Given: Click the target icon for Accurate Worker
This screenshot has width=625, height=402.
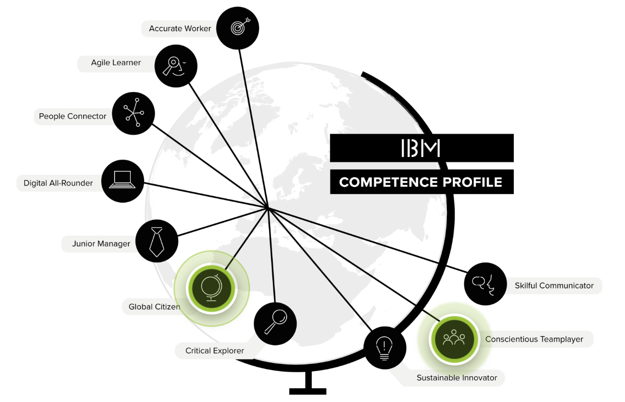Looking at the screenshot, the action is (238, 28).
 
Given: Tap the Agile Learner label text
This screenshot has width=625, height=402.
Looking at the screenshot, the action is (116, 63).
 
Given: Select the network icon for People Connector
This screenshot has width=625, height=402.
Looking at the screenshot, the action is (134, 113).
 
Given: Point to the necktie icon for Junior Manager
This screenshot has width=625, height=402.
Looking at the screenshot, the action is (157, 241).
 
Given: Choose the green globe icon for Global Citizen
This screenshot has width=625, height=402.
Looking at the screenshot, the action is (212, 288).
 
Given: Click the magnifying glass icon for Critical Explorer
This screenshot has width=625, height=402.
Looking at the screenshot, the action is (275, 324).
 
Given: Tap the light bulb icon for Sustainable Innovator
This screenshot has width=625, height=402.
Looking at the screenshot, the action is (385, 348).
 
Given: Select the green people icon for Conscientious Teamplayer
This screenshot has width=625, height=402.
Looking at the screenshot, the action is (454, 339).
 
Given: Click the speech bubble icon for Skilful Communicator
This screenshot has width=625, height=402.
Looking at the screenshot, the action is (485, 284).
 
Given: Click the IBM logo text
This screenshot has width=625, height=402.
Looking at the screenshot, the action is (421, 148).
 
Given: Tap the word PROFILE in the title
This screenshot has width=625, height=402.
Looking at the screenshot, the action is (472, 182).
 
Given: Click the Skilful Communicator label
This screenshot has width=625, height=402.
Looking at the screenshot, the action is (554, 285).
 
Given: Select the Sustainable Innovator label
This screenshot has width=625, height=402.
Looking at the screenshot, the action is (457, 378).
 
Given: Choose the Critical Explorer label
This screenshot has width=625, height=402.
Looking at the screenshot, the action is (214, 351).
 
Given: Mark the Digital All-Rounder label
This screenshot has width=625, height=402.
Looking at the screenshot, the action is (58, 183).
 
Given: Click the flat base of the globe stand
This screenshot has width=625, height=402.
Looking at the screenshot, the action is (308, 391).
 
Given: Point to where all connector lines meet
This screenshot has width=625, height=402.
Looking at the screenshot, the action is (267, 208).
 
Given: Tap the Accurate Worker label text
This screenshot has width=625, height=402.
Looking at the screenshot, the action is (180, 29).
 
